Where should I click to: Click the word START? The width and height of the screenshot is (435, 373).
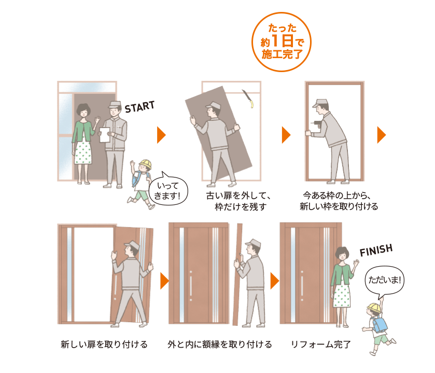coord(139,107)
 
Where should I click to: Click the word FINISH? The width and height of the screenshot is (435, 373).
coord(376,251)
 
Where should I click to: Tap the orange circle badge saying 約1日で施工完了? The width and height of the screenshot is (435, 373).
coord(282,42)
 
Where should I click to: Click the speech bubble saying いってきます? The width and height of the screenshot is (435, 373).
coord(168,189)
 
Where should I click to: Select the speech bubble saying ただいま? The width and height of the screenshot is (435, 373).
coord(385,280)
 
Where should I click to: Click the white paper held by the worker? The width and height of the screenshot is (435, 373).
coord(105,135)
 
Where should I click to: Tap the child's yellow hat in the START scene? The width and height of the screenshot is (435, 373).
coord(146,164)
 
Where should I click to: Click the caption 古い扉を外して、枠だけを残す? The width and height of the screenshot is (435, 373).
coord(238,201)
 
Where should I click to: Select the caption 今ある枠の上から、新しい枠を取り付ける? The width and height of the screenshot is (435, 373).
coord(339,201)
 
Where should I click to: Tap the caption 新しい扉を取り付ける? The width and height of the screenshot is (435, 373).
coord(104,344)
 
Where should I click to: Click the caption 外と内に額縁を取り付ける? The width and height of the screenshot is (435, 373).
coord(220,344)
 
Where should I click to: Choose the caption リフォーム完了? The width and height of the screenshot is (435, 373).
coord(321,344)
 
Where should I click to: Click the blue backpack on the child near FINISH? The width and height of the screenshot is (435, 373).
coord(380,324)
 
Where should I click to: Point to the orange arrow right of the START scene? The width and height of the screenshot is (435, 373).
coord(161,135)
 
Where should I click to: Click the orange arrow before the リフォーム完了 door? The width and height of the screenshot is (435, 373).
coord(274,281)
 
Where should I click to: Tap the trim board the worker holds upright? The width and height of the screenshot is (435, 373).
coord(237,274)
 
